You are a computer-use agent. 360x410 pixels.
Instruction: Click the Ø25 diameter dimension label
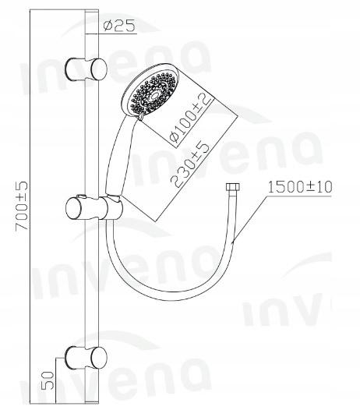(119, 27)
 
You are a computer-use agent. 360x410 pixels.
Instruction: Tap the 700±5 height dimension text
(22, 206)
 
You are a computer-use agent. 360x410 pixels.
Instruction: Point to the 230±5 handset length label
(190, 165)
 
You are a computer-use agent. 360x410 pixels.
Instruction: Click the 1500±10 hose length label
(300, 187)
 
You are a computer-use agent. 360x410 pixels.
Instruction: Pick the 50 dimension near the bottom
(48, 380)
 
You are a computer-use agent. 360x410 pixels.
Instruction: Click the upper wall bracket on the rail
(86, 69)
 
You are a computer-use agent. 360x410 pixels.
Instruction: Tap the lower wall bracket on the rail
(86, 358)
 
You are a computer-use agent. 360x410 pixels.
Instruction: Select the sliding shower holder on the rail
(94, 208)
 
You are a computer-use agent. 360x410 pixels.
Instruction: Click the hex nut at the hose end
(232, 188)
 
